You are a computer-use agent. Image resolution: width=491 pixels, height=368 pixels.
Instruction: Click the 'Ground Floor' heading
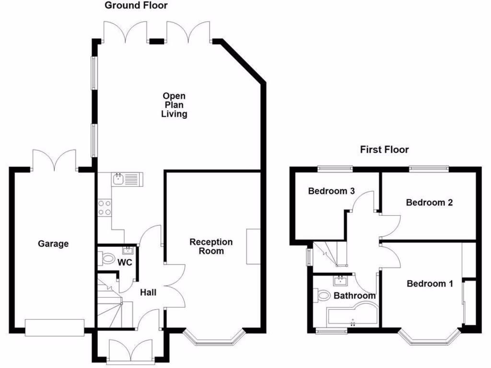coord(136,6)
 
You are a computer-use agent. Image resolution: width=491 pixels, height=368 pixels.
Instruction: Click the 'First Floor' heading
coord(384,149)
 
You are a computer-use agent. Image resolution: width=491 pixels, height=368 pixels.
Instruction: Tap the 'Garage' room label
coord(53,243)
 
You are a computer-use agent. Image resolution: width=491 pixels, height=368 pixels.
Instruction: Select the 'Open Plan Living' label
coord(174,105)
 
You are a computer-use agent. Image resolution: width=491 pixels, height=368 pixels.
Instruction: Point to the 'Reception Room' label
coord(211,246)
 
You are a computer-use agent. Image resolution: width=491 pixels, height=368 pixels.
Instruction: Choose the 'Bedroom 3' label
coord(331,191)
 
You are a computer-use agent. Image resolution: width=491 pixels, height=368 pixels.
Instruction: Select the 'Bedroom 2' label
coord(429,202)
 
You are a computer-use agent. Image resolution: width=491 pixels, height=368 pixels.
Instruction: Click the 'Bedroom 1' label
coord(430,283)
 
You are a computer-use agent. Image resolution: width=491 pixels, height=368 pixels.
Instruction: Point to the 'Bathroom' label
coord(354,296)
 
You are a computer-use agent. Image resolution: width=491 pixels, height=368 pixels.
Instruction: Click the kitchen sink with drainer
coord(126,180)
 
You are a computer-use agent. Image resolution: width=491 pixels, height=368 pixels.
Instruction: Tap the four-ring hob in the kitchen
coord(105,207)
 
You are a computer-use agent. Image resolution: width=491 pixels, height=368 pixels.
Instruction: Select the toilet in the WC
coord(103,259)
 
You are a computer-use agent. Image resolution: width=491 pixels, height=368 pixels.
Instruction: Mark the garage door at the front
coord(55,327)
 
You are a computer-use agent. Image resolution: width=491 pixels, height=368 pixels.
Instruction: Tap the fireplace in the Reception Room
coord(253,246)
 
